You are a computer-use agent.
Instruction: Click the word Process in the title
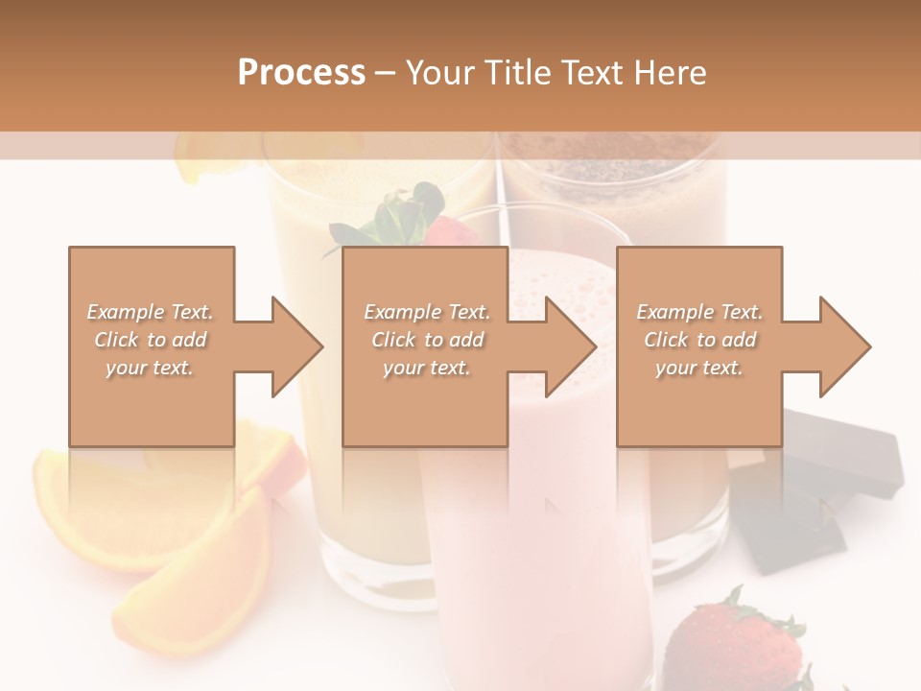[301, 72]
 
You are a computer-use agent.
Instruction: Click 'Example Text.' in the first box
[150, 312]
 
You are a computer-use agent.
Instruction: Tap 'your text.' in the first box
[150, 368]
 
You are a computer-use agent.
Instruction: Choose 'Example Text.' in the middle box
[427, 312]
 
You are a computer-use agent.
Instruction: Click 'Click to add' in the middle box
[427, 340]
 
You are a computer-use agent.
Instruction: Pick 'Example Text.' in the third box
[699, 312]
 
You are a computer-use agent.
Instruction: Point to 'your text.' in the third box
[699, 368]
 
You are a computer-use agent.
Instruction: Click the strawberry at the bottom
[734, 643]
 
